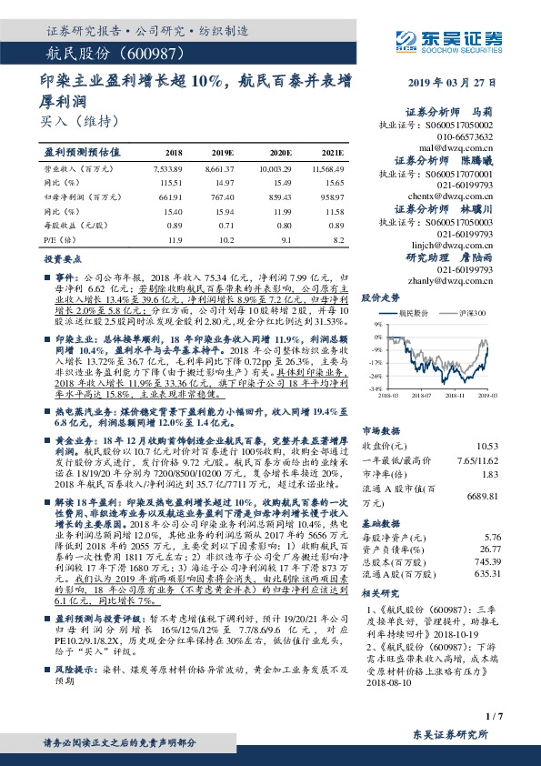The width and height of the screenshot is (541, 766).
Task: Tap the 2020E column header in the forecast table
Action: (x=281, y=153)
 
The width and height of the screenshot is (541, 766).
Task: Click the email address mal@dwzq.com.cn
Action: (x=464, y=146)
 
